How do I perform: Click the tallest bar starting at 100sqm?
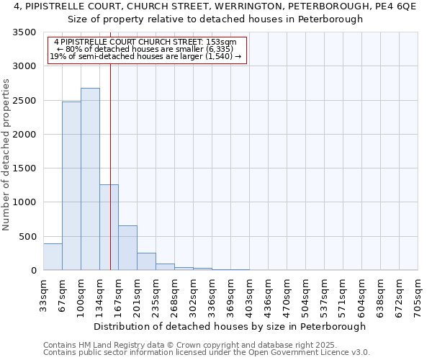point(90,179)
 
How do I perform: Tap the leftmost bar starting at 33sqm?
point(53,257)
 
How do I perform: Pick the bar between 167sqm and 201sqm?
point(127,248)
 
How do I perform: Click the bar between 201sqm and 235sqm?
point(146,261)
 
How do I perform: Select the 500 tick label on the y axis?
point(29,237)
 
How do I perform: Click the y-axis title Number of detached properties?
point(7,152)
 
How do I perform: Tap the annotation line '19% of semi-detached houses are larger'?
point(145,57)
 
